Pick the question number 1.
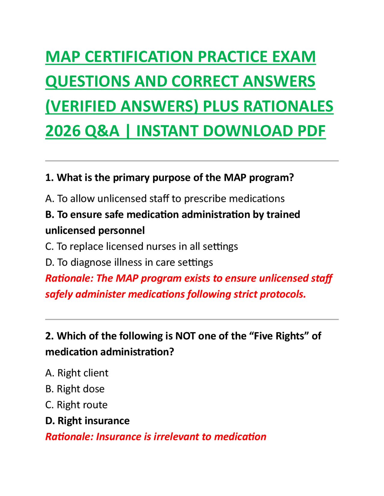click(x=49, y=178)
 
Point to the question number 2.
click(x=49, y=336)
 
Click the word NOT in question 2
click(x=185, y=336)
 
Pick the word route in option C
click(x=94, y=405)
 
